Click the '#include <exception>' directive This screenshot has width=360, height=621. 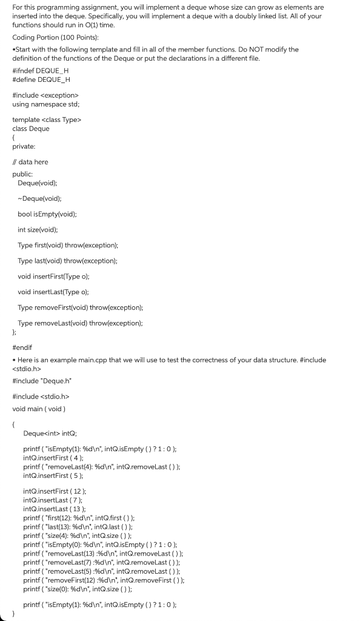click(45, 95)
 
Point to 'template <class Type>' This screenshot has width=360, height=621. click(46, 120)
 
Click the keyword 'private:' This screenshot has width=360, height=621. click(24, 146)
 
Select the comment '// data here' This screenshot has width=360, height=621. click(30, 162)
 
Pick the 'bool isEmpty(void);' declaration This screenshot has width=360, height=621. click(47, 214)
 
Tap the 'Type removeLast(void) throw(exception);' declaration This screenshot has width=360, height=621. click(80, 323)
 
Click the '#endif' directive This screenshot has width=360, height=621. click(22, 348)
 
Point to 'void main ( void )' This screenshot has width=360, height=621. click(42, 408)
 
